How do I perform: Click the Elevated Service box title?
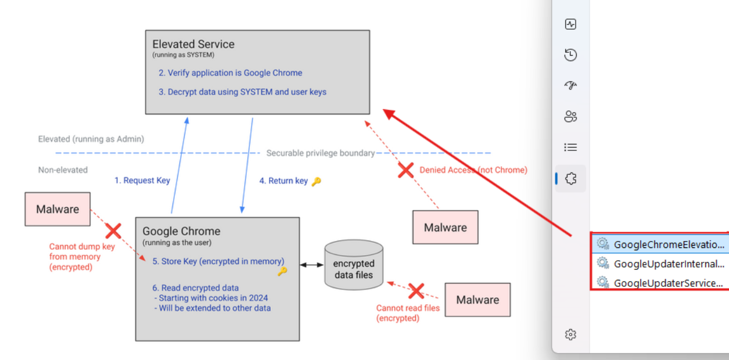[193, 44]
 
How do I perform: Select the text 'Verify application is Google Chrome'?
[235, 73]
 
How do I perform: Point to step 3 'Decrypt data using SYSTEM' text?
[247, 92]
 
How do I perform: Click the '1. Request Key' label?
[142, 181]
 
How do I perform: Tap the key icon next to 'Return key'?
[316, 181]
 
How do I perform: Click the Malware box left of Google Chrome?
[58, 209]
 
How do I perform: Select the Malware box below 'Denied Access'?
[445, 227]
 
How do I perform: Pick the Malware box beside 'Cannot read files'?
[477, 300]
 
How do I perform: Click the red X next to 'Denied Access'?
[405, 170]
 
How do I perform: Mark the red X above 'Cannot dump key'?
[113, 231]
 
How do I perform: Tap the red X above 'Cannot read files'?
[416, 290]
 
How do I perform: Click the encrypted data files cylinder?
[354, 265]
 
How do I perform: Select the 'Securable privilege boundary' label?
[321, 153]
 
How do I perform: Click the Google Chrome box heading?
[181, 231]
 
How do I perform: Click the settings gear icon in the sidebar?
[570, 334]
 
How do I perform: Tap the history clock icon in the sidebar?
[570, 55]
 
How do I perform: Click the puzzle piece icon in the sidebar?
[570, 179]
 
